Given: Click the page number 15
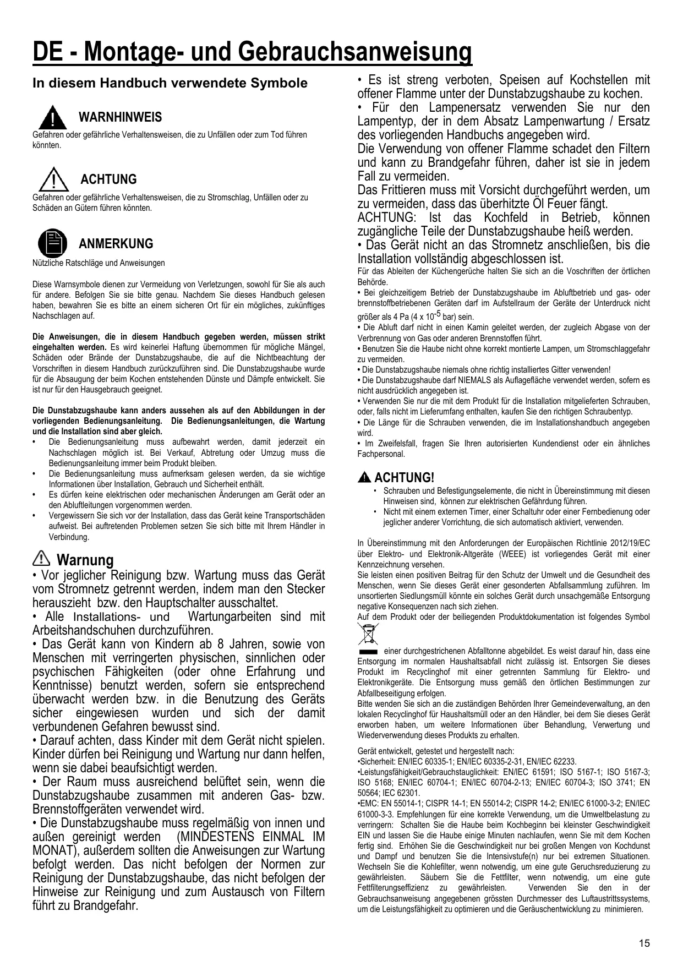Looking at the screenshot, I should (644, 943).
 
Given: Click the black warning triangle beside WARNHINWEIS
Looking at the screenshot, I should (53, 117).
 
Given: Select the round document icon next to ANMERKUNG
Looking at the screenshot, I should (53, 243).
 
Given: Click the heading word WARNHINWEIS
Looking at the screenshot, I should (121, 117).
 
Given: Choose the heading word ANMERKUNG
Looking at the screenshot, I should (116, 244).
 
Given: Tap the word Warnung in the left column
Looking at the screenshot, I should (85, 560).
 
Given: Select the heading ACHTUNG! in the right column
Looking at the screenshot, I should (404, 478).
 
